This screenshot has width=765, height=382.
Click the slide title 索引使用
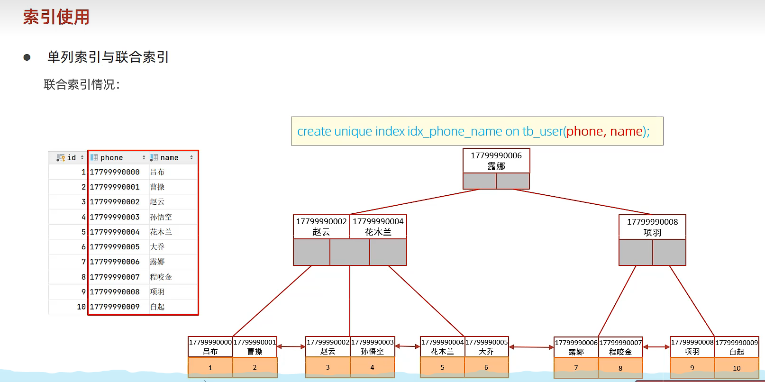[56, 17]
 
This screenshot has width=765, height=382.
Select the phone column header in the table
[111, 158]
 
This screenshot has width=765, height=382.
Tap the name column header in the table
[169, 158]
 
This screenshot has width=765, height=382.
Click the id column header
[71, 158]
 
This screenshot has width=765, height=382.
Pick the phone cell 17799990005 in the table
[115, 247]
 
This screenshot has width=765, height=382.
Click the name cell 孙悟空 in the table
[161, 217]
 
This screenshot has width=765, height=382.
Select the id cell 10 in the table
[81, 307]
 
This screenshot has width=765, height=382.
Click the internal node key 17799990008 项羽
[652, 227]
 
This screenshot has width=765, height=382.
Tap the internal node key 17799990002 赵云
[321, 227]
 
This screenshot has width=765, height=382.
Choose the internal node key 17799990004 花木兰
[378, 227]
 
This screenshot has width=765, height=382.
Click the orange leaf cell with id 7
[576, 368]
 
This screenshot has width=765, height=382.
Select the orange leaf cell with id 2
[255, 367]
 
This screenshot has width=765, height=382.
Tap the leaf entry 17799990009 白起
[737, 347]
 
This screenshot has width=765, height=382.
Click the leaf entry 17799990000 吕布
[210, 346]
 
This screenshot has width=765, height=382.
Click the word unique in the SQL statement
[353, 131]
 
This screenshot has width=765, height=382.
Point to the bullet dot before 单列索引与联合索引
[27, 57]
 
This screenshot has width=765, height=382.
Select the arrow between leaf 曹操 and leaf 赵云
[291, 347]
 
